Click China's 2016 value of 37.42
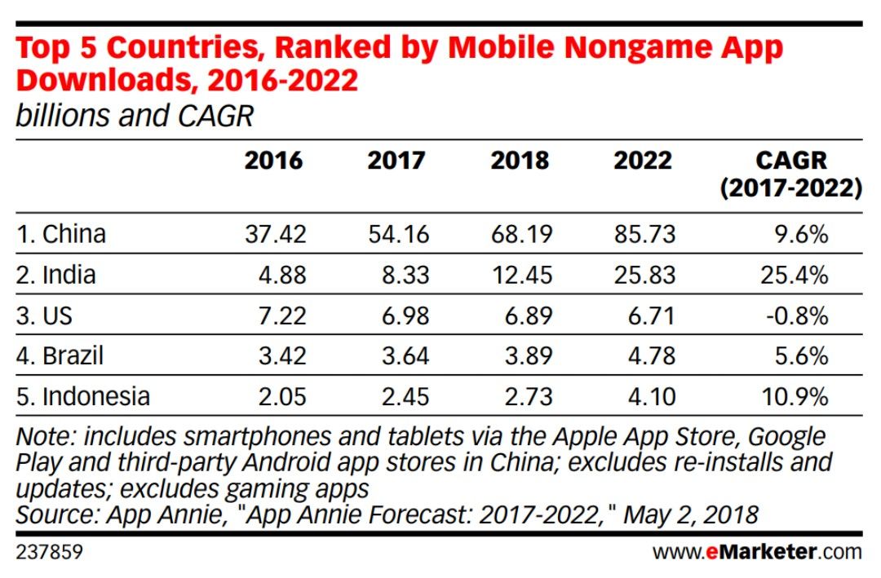275,235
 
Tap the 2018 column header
520,161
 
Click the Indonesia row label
83,397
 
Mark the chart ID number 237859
49,552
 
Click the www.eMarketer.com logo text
757,552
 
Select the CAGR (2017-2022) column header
790,174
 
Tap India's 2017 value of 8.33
405,276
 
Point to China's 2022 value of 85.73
644,235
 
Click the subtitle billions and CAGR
135,117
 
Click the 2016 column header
273,161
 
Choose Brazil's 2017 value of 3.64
405,356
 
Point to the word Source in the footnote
55,514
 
